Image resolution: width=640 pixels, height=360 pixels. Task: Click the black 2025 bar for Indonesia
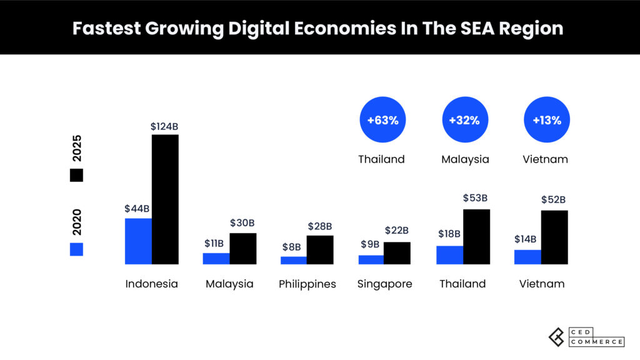click(x=165, y=199)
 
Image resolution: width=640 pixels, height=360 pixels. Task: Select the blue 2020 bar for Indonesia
click(x=138, y=241)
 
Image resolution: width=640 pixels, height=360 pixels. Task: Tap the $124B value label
click(x=164, y=126)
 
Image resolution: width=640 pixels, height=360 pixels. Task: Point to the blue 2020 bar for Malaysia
click(x=216, y=258)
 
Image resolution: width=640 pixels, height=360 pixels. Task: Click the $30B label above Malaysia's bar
click(x=242, y=223)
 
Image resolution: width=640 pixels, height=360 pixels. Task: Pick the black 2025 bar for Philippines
click(x=320, y=249)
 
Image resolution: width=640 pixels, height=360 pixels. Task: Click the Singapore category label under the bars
click(x=384, y=284)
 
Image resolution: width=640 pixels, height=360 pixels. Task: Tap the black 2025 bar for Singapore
click(x=397, y=252)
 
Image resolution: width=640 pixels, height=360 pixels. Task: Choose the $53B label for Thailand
click(x=475, y=198)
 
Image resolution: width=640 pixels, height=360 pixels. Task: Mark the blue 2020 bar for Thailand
click(x=449, y=254)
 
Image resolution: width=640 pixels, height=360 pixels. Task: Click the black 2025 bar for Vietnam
click(x=554, y=237)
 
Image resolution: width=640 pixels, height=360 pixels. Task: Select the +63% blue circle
click(x=382, y=120)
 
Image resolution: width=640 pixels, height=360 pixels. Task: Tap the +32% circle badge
click(x=465, y=120)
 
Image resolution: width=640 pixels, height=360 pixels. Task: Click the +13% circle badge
click(x=547, y=120)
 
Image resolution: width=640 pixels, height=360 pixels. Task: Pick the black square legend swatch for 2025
click(x=76, y=175)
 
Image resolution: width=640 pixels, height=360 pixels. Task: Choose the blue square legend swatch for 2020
click(x=76, y=249)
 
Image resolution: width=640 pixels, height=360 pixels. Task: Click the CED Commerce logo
click(x=586, y=337)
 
